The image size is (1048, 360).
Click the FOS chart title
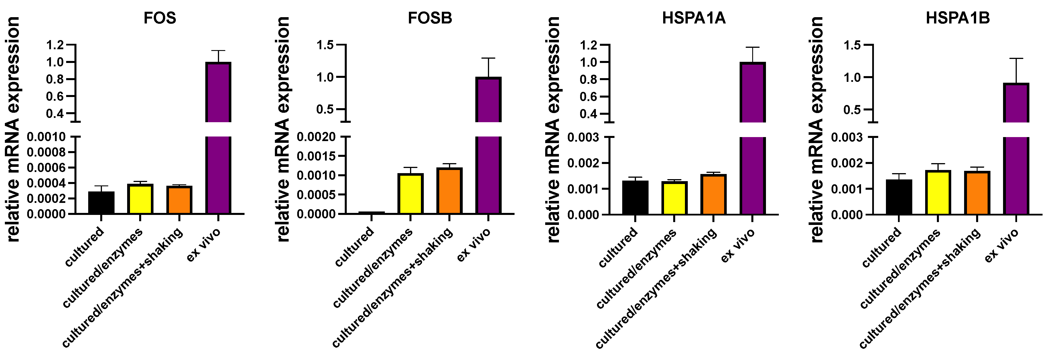(x=159, y=18)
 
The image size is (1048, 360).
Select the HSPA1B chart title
(x=958, y=18)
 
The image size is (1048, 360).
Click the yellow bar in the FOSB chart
(x=410, y=194)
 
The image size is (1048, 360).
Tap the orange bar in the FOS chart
(x=179, y=200)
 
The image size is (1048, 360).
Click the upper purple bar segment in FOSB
(x=488, y=99)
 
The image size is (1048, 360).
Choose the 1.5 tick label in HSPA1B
(x=852, y=45)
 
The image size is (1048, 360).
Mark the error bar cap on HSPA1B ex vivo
(x=1016, y=59)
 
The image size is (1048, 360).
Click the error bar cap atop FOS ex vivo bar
(x=218, y=51)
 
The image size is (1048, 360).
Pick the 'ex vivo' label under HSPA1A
(x=738, y=245)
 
